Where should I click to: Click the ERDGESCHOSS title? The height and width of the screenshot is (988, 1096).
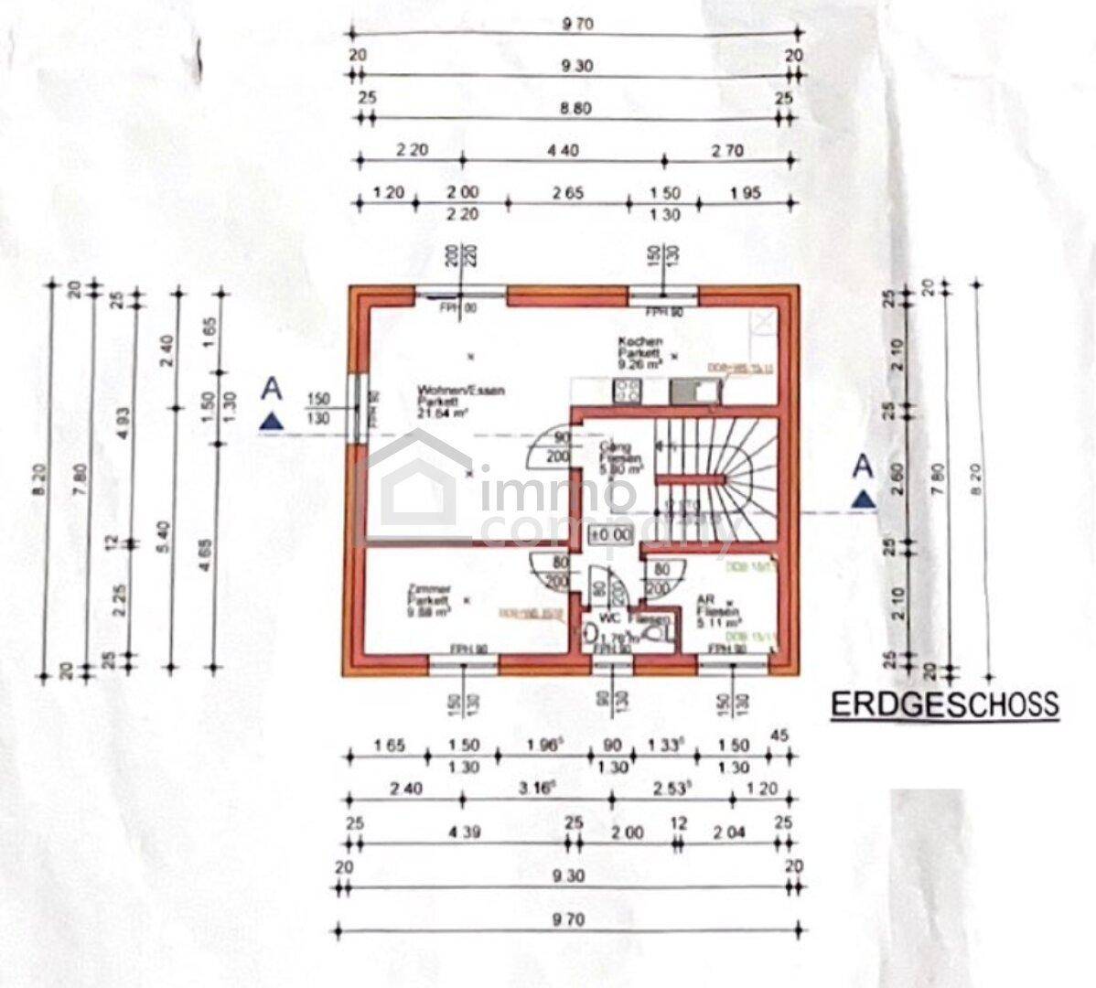tap(944, 704)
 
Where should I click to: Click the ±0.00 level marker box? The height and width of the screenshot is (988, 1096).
tap(611, 533)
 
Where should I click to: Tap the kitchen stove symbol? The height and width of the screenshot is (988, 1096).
tap(628, 392)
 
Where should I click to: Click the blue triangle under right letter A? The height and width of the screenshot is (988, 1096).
tap(862, 500)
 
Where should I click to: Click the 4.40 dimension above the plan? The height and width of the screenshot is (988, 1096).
tap(563, 151)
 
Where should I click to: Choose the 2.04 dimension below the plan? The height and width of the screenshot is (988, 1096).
tap(729, 832)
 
